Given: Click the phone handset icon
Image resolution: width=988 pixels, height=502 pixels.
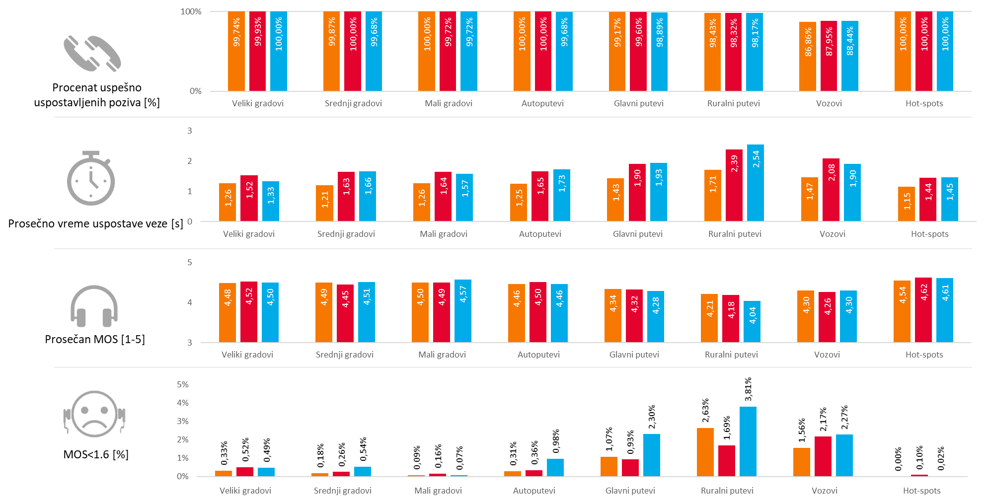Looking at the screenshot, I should click(x=92, y=54).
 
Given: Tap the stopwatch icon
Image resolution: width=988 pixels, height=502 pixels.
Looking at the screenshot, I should click(x=91, y=179).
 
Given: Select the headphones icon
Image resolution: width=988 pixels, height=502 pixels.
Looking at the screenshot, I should click(x=94, y=306).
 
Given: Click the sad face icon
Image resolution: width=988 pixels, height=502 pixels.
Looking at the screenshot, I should click(x=95, y=415).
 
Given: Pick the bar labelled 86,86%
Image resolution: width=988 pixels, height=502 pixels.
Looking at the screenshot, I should click(x=808, y=56).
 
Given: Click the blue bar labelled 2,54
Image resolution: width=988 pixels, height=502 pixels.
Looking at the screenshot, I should click(x=756, y=183).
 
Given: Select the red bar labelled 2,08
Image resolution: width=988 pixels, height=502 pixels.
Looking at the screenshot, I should click(x=831, y=190).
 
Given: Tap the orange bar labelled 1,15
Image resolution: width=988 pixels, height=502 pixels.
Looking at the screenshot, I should click(x=907, y=204).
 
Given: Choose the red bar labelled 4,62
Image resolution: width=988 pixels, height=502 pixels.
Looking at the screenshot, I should click(x=923, y=310).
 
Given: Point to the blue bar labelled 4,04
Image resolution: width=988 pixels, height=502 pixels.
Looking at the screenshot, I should click(x=752, y=321).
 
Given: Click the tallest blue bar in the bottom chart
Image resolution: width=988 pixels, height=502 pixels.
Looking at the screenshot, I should click(x=748, y=441).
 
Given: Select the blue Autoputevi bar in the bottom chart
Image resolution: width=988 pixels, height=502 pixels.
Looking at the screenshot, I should click(x=555, y=467).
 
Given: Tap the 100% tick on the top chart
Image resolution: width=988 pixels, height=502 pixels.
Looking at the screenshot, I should click(x=191, y=11).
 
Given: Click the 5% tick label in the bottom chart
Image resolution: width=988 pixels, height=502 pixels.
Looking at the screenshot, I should click(x=182, y=384).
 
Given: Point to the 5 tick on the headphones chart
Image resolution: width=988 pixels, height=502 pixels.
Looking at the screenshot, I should click(x=189, y=262).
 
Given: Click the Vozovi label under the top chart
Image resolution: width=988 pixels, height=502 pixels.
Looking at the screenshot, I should click(x=829, y=103).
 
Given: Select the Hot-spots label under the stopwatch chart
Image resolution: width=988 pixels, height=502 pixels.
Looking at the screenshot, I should click(x=929, y=234).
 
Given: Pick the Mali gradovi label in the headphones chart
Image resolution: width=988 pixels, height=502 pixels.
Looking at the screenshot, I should click(x=442, y=355).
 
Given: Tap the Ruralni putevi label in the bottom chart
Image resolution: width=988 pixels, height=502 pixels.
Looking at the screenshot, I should click(x=727, y=491).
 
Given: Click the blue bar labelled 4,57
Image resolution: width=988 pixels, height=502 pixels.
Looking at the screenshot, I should click(x=463, y=311).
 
